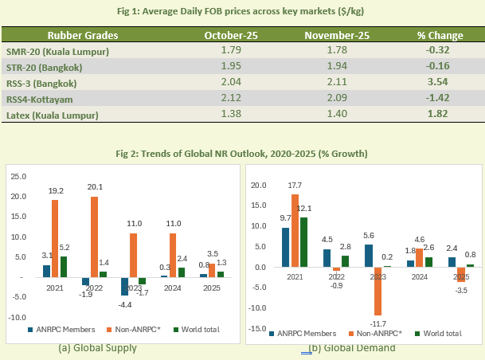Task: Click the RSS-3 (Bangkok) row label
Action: [42, 82]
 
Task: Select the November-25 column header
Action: [328, 36]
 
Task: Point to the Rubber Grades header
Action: [83, 36]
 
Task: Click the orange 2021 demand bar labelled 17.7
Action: [295, 230]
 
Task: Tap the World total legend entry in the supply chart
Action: [195, 329]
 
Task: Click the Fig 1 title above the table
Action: [242, 10]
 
